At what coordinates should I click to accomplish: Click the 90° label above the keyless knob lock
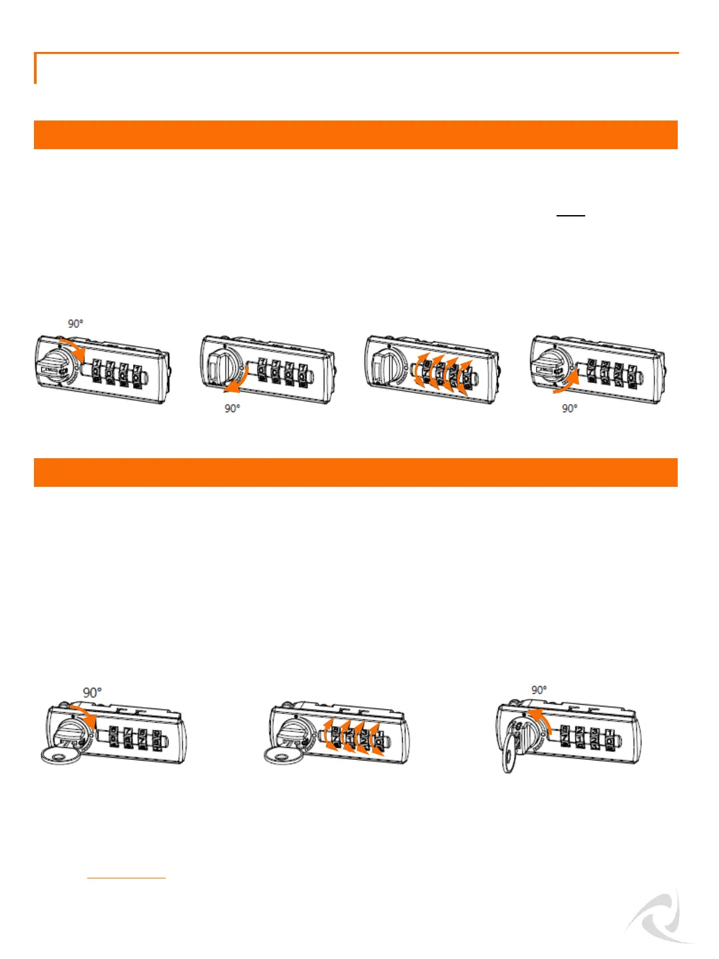75,324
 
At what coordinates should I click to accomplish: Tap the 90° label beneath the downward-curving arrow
232,408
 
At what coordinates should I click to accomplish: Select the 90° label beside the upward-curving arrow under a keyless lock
569,408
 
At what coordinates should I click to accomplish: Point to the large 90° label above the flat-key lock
92,693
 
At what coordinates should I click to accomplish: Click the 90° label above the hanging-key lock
539,690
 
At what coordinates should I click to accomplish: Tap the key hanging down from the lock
514,753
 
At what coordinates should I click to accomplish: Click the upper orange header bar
356,135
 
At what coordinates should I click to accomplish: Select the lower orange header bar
356,472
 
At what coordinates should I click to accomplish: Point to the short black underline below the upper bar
571,216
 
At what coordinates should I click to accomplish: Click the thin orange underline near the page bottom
126,878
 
